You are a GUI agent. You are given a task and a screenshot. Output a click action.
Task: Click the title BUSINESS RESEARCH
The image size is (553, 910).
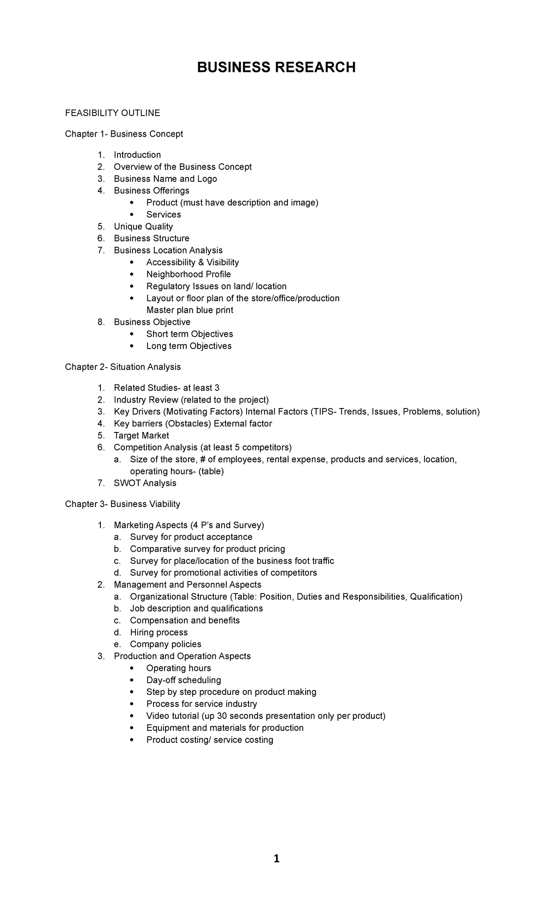276,68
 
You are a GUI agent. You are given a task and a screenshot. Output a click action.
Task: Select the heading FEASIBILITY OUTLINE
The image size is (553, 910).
112,113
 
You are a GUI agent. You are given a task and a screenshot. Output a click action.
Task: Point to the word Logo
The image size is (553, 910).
207,179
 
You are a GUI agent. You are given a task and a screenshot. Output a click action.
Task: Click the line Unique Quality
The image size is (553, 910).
143,227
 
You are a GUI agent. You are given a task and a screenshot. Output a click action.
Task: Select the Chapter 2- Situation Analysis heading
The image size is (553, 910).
123,367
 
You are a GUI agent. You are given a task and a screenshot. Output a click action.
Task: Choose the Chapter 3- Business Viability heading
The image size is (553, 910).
122,504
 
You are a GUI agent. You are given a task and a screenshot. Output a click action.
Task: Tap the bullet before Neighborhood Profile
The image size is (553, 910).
131,274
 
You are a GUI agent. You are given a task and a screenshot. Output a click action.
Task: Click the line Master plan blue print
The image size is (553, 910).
189,310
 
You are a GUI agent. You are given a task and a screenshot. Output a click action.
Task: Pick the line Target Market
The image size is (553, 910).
141,436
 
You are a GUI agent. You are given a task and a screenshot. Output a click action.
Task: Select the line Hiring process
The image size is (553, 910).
159,633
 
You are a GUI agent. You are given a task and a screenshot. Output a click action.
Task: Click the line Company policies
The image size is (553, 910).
165,645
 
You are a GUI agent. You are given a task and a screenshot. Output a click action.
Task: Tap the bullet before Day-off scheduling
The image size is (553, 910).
131,680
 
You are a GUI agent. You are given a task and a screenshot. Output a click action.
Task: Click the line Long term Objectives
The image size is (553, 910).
188,346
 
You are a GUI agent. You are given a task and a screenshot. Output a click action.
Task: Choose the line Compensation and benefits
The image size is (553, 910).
185,621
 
